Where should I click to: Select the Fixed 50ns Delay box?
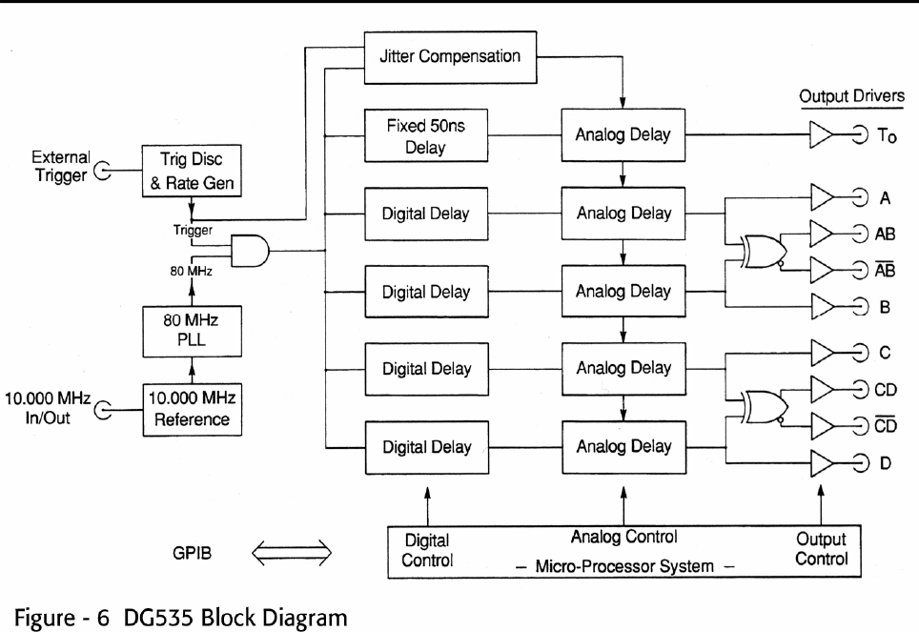pyautogui.click(x=426, y=135)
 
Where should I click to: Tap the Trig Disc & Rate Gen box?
pyautogui.click(x=192, y=171)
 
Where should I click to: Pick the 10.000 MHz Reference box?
pyautogui.click(x=192, y=409)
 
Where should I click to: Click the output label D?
pyautogui.click(x=885, y=463)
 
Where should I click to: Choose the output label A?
pyautogui.click(x=885, y=197)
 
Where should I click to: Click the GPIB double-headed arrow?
pyautogui.click(x=292, y=550)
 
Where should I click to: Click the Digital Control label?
pyautogui.click(x=426, y=550)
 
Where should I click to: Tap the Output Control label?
pyautogui.click(x=821, y=549)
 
